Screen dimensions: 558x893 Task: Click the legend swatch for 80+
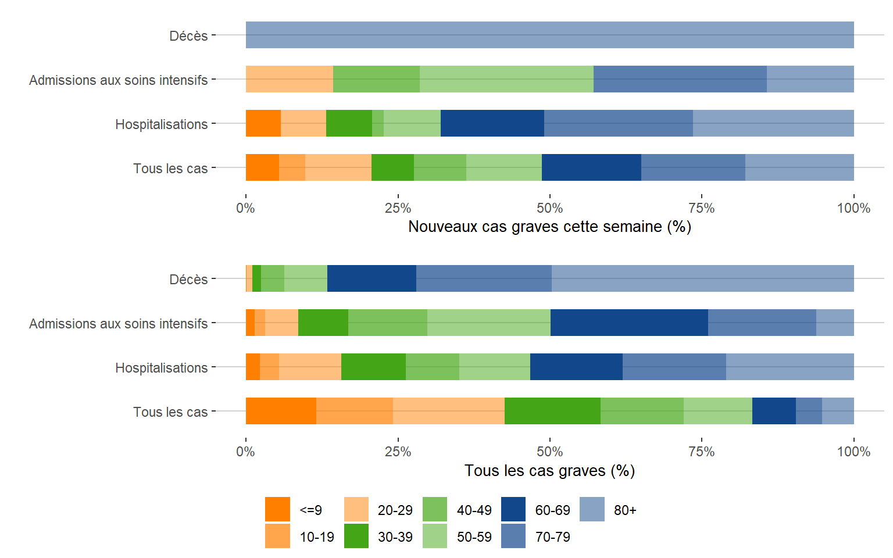point(592,509)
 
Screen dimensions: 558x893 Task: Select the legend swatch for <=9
point(277,509)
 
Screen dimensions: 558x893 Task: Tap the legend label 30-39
point(395,536)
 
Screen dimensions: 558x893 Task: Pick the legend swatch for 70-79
point(513,536)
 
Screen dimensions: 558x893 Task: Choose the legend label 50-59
point(474,536)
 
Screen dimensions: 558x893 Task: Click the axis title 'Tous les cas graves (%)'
point(549,470)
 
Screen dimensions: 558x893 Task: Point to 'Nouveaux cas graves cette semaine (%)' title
point(549,226)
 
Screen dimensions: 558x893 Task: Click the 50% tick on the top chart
point(549,208)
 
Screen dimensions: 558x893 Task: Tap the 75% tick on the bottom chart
point(702,452)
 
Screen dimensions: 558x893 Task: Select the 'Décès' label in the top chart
point(188,35)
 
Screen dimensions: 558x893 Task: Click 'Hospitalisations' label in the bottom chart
point(161,367)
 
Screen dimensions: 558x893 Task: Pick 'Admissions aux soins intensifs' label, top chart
point(118,80)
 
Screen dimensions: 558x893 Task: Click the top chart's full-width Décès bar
point(549,35)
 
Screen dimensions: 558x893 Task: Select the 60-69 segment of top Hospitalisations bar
point(492,123)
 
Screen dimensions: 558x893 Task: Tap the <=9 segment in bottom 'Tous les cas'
point(281,411)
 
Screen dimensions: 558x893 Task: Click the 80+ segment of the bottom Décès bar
point(702,278)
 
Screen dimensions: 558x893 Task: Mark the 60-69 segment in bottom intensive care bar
point(629,323)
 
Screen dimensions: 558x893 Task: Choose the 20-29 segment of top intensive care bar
point(289,79)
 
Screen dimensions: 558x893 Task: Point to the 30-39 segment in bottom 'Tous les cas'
point(552,411)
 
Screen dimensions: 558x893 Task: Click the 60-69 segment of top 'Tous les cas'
point(591,167)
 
